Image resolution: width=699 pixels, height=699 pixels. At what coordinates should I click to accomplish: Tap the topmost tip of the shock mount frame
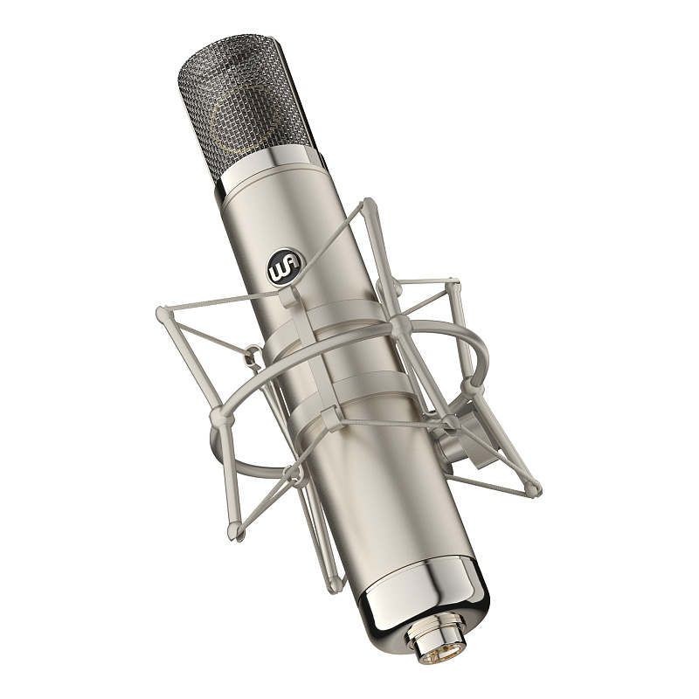click(x=370, y=204)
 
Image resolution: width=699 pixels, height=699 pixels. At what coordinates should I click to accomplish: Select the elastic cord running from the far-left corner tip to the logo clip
click(x=223, y=303)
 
